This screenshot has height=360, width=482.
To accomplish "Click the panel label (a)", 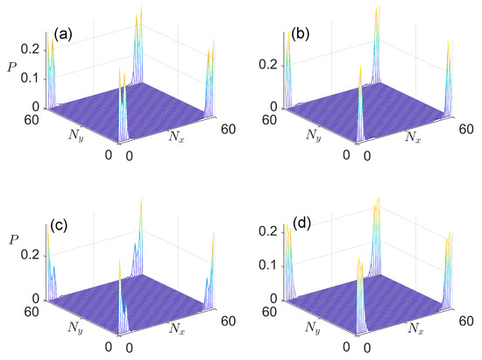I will tap(62, 35).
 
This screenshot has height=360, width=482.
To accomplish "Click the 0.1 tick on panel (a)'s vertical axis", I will tap(28, 77).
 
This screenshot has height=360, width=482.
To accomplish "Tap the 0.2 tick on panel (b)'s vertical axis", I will tap(273, 63).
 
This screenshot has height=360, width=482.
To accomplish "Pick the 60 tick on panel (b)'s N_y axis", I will tap(279, 123).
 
